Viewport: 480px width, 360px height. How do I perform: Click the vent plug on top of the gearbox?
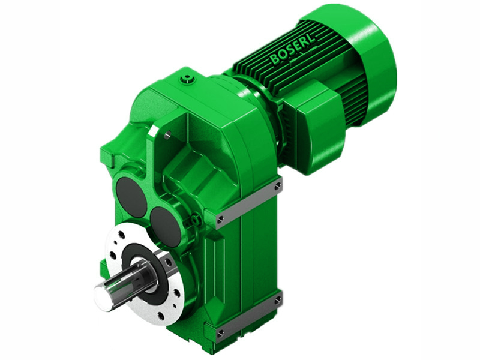(x=189, y=78)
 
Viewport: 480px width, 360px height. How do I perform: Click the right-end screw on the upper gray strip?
(x=277, y=187)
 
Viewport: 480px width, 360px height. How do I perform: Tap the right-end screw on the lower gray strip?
(x=277, y=299)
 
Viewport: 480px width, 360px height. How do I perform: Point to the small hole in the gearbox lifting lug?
(x=167, y=135)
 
